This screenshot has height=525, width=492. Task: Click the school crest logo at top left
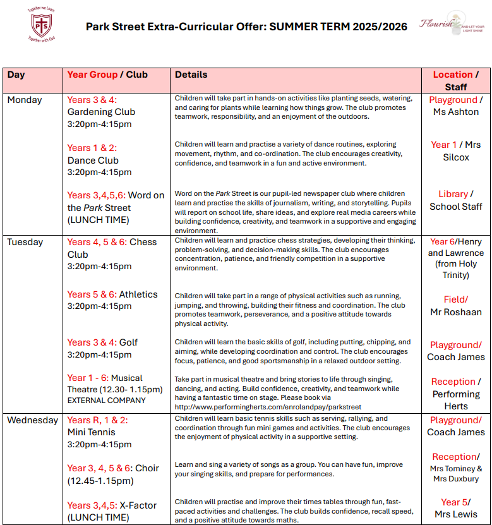coord(40,25)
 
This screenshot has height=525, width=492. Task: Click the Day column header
coord(16,75)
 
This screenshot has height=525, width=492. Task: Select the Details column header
coord(191,75)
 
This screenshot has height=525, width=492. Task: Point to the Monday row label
coord(25,100)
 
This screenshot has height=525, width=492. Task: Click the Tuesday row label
coord(25,242)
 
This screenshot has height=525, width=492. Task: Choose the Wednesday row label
coord(33,420)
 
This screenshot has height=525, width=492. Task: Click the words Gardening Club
coord(101,112)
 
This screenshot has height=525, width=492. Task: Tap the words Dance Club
coord(93,160)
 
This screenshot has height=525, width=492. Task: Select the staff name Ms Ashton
coord(455,112)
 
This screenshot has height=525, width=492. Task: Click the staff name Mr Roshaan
coord(455,312)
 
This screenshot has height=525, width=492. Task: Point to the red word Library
coord(453,194)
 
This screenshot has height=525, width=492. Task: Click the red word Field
coord(454,299)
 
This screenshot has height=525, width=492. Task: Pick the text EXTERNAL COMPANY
coord(107,401)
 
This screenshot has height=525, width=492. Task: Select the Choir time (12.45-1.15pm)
coord(100,481)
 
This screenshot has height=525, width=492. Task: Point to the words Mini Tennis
coord(92,433)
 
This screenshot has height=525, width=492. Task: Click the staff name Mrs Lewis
coord(455,514)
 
